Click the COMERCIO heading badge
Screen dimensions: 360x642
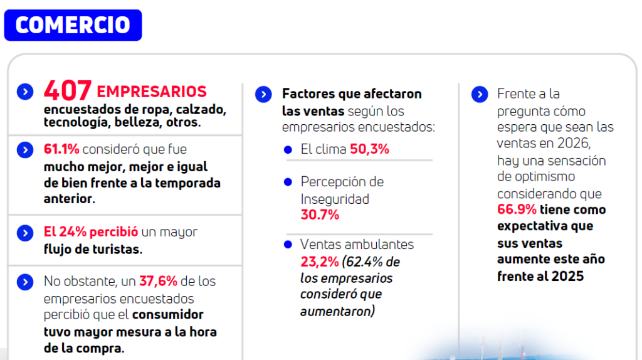(x=73, y=25)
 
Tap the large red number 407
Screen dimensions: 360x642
(x=68, y=91)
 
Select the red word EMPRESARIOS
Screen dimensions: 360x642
(x=152, y=92)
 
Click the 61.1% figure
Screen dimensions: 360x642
(x=61, y=150)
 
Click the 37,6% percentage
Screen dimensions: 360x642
(x=159, y=282)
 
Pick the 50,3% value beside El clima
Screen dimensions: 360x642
(x=369, y=149)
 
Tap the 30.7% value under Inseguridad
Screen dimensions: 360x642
(x=320, y=215)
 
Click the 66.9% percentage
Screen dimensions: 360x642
(x=517, y=209)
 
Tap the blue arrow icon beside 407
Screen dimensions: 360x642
(x=25, y=92)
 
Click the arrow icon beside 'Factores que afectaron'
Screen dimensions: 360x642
(x=264, y=95)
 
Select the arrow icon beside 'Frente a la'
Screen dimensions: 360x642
(x=479, y=95)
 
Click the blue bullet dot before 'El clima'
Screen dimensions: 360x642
(x=288, y=150)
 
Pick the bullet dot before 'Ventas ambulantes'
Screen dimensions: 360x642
(x=288, y=244)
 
